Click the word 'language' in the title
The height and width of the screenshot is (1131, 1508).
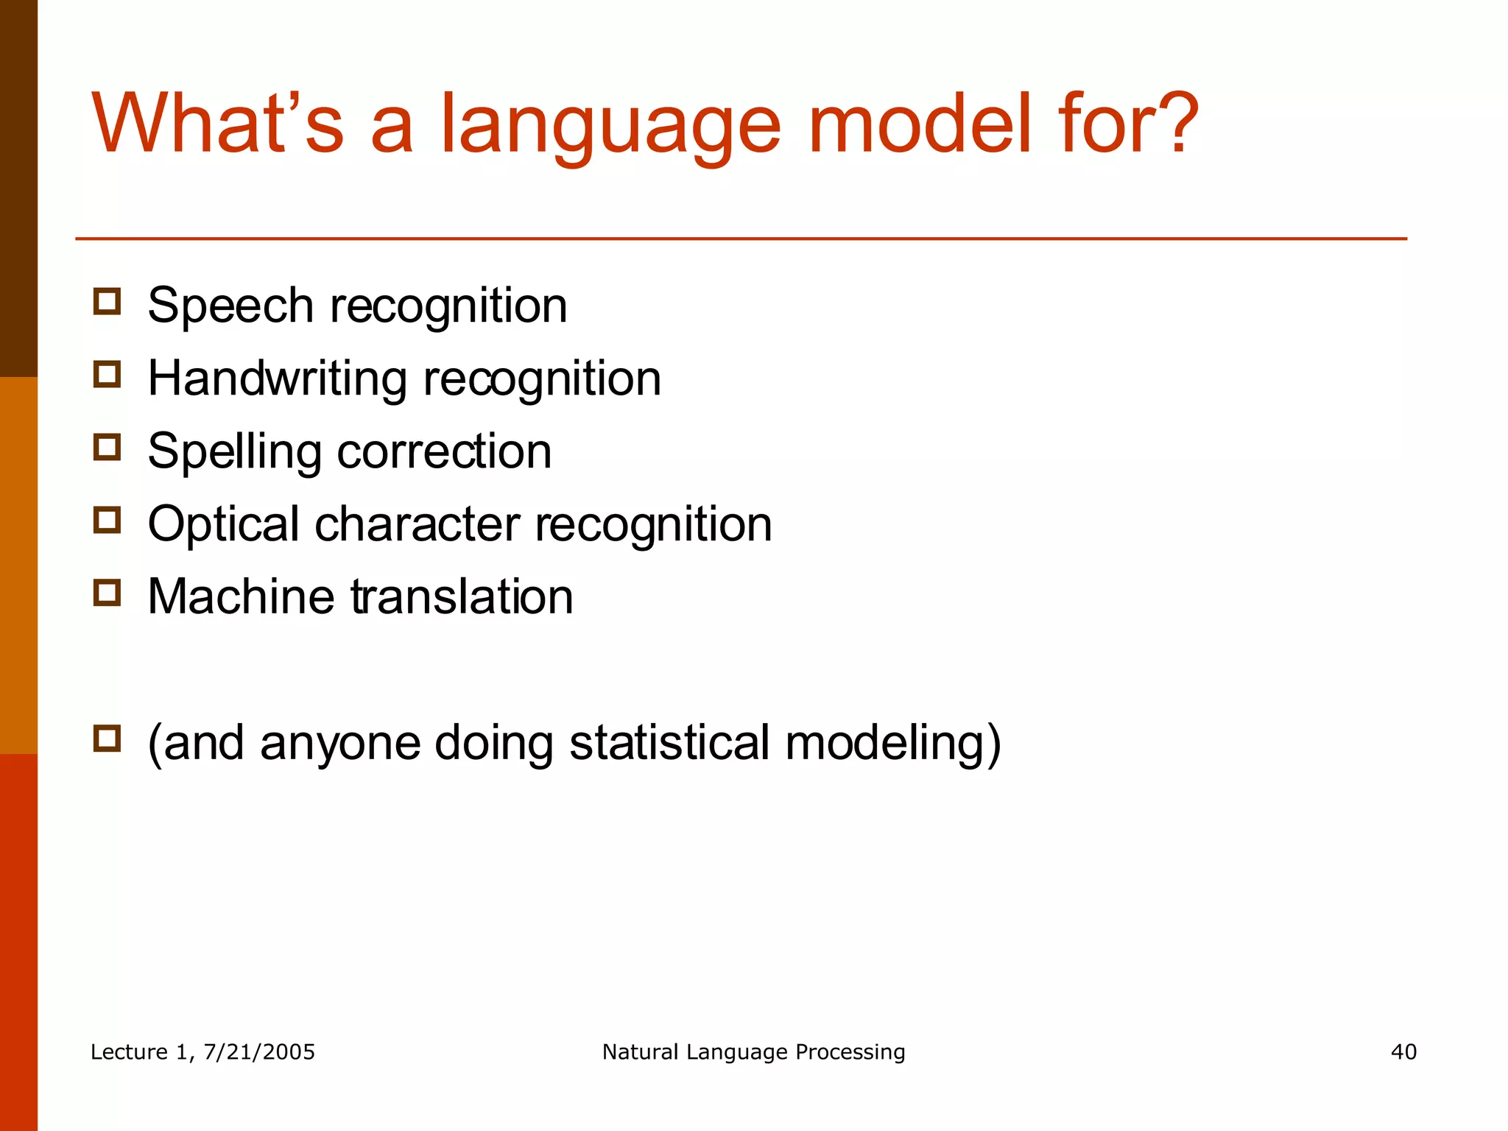coord(610,127)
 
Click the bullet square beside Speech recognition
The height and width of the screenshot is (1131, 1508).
coord(107,302)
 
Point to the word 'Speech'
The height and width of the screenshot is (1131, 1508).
coord(230,306)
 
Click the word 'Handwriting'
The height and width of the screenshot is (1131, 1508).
coord(277,378)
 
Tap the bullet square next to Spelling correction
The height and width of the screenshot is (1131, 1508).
coord(107,447)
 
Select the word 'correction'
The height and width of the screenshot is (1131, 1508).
coord(444,451)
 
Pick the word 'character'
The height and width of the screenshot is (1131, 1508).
coord(417,524)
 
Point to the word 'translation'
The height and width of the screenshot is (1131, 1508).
coord(462,596)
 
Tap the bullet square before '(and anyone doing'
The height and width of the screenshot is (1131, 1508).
coord(107,739)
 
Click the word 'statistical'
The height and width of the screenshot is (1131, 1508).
coord(669,742)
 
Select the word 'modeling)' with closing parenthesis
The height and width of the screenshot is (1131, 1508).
coord(893,744)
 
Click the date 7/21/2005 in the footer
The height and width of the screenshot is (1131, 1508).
coord(258,1052)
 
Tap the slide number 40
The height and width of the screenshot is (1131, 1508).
coord(1403,1052)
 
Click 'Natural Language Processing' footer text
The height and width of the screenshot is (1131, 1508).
coord(753,1052)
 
